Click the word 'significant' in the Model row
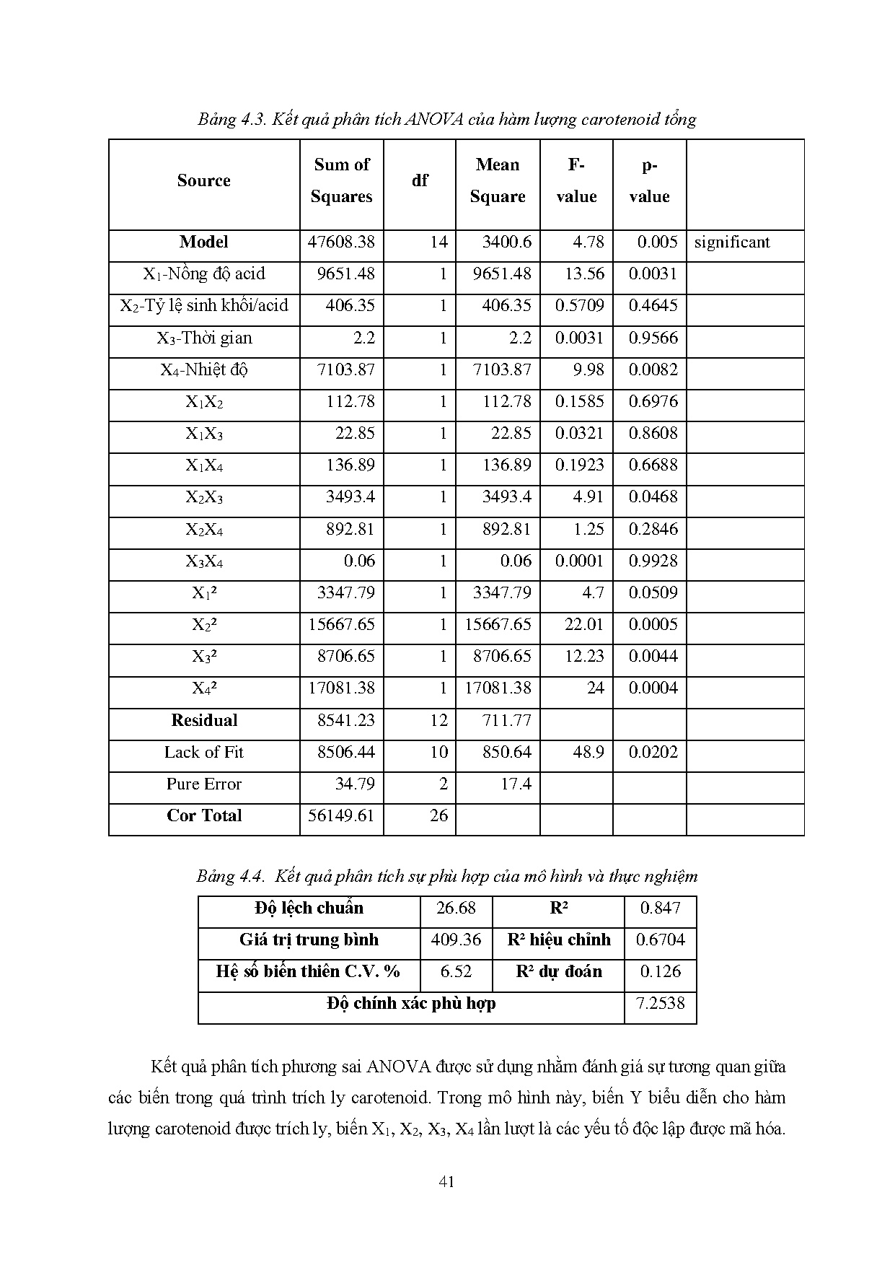pos(731,242)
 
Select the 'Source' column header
pos(203,180)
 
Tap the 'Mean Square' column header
pos(497,180)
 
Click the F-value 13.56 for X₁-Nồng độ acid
pos(587,274)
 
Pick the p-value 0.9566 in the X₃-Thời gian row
pos(653,338)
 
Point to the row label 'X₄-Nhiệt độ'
pos(203,370)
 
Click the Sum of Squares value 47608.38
pos(341,242)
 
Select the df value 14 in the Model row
pos(438,242)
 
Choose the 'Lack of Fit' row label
pos(203,753)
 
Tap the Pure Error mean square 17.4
pos(516,784)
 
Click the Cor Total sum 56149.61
pos(341,816)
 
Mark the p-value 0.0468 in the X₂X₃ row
pos(653,497)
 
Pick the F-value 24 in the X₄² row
pos(595,688)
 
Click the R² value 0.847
pos(660,909)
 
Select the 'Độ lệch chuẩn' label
pos(309,909)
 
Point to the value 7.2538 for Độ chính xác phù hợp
pos(660,1004)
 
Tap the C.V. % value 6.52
pos(456,972)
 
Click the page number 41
pos(446,1181)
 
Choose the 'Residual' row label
pos(203,721)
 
